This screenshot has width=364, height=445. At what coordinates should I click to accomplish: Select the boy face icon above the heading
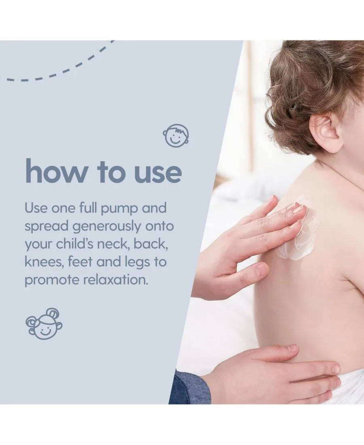pos(176,136)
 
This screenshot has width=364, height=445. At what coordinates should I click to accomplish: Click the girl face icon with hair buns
pos(44,324)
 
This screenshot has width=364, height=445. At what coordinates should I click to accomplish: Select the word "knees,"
pos(44,262)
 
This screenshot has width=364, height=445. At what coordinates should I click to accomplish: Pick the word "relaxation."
pos(116,280)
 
